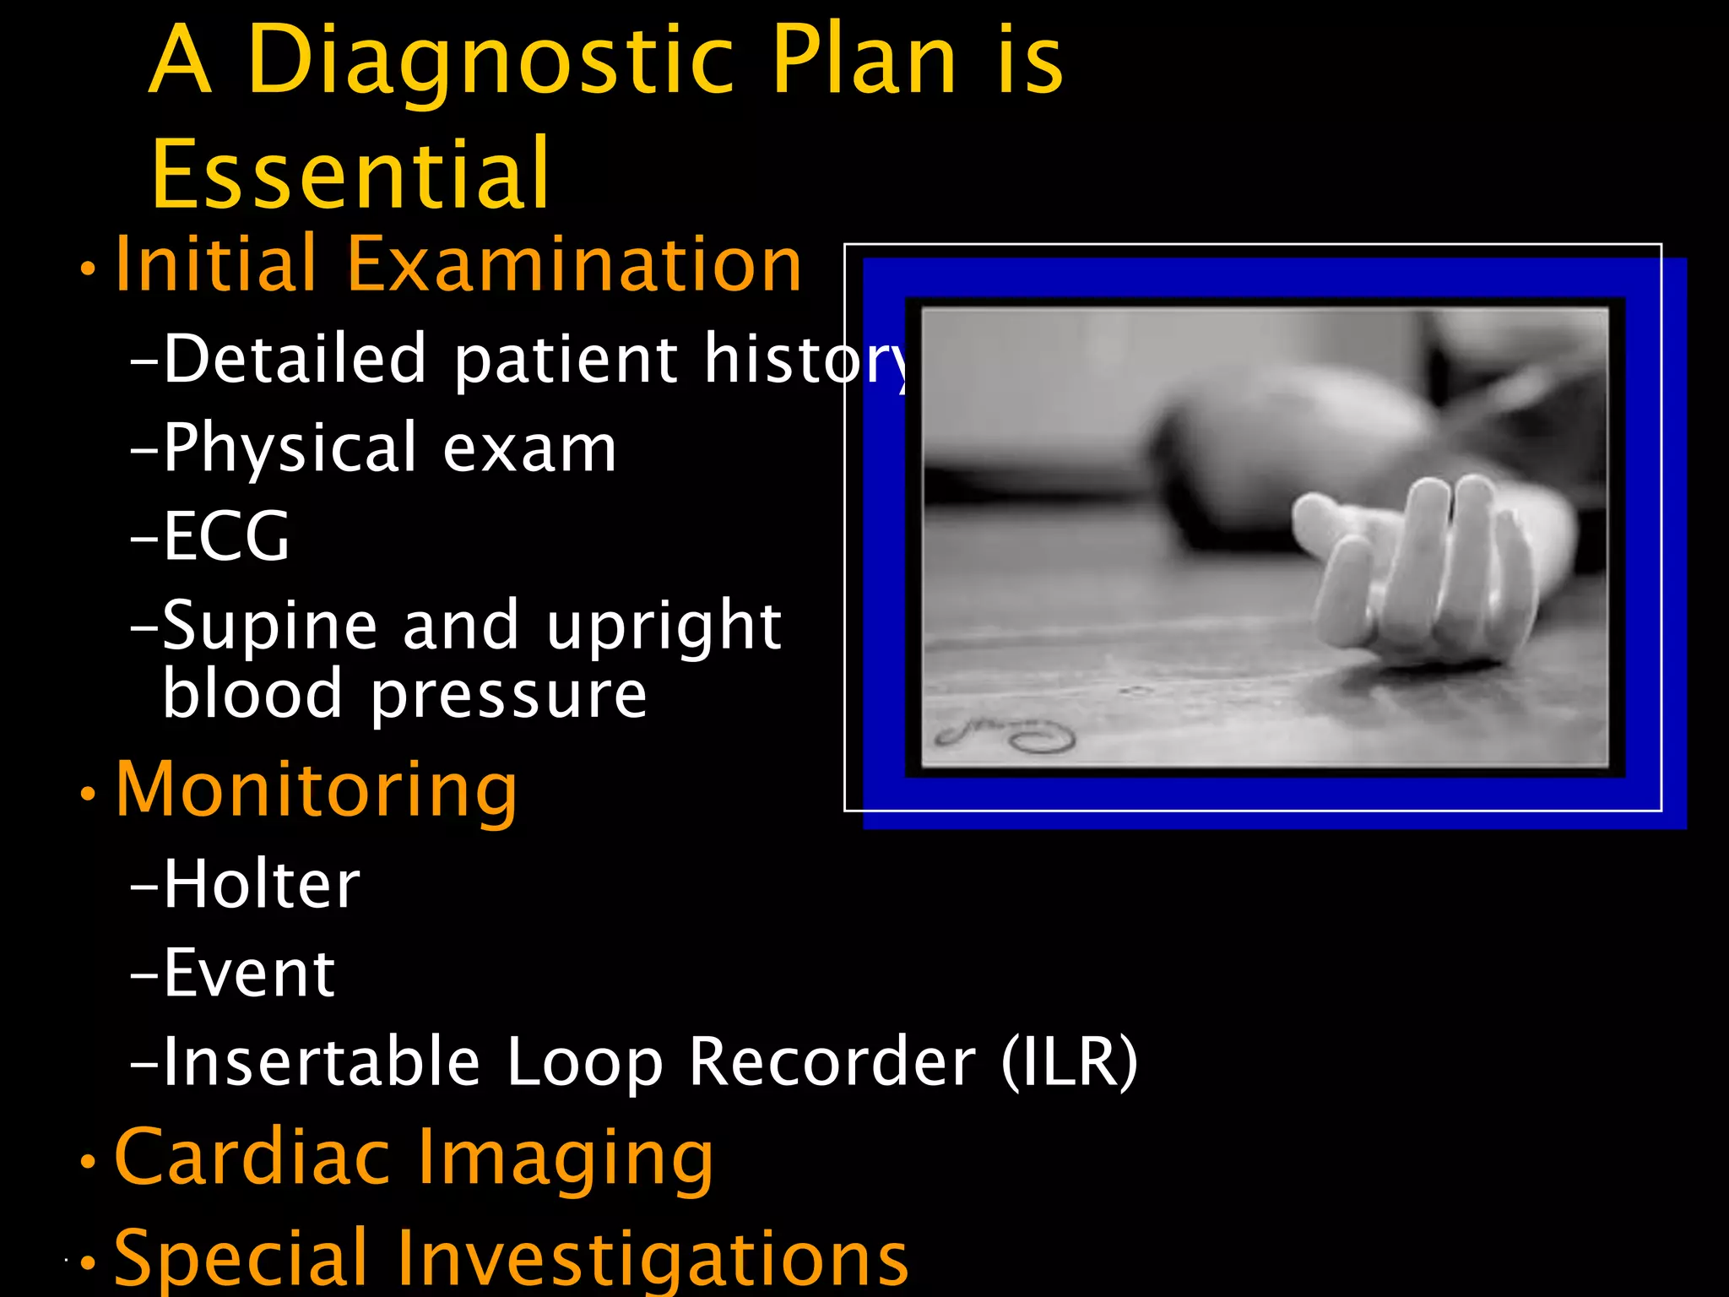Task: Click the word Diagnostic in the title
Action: pyautogui.click(x=490, y=61)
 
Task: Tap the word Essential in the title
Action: pyautogui.click(x=350, y=174)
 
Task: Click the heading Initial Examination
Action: pyautogui.click(x=458, y=265)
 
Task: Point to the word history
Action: pyautogui.click(x=807, y=360)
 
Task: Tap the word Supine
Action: pyautogui.click(x=269, y=627)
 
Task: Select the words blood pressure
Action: pyautogui.click(x=404, y=694)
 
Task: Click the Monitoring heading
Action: pyautogui.click(x=317, y=790)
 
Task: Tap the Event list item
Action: pyautogui.click(x=249, y=973)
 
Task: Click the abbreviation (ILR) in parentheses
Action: pyautogui.click(x=1070, y=1061)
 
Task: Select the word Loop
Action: pyautogui.click(x=584, y=1062)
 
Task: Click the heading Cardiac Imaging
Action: pyautogui.click(x=414, y=1158)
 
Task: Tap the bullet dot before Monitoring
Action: pyautogui.click(x=88, y=794)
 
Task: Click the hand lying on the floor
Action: pyautogui.click(x=1418, y=566)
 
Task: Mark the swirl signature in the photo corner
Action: pyautogui.click(x=1005, y=735)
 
